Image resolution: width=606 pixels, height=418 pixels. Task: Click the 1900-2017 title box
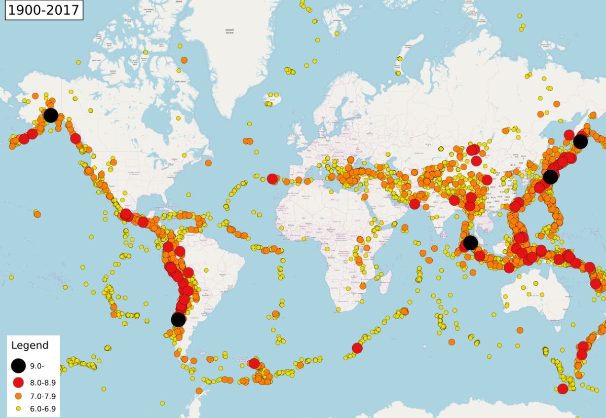pyautogui.click(x=44, y=10)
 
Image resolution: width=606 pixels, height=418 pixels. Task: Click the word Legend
pyautogui.click(x=30, y=346)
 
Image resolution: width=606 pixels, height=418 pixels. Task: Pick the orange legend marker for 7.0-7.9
pyautogui.click(x=19, y=395)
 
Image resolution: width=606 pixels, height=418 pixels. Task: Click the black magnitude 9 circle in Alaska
pyautogui.click(x=51, y=115)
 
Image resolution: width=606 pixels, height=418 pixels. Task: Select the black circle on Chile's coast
pyautogui.click(x=178, y=320)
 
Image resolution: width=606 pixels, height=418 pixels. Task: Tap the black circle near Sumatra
pyautogui.click(x=470, y=243)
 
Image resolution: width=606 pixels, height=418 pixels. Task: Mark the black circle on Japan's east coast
pyautogui.click(x=550, y=177)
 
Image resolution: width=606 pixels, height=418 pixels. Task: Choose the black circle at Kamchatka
pyautogui.click(x=580, y=141)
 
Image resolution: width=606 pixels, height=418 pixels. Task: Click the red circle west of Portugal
pyautogui.click(x=272, y=178)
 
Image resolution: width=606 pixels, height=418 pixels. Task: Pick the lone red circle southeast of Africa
pyautogui.click(x=357, y=348)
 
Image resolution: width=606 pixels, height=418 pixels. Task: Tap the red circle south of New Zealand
pyautogui.click(x=562, y=389)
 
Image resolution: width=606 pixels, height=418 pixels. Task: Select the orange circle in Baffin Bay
pyautogui.click(x=184, y=60)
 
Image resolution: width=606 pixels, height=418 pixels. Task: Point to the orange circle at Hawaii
pyautogui.click(x=37, y=214)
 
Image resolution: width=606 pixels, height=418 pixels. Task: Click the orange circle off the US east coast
pyautogui.click(x=208, y=163)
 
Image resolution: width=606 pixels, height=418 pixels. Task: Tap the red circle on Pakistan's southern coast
pyautogui.click(x=414, y=204)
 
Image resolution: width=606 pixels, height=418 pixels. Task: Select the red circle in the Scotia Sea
pyautogui.click(x=254, y=363)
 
